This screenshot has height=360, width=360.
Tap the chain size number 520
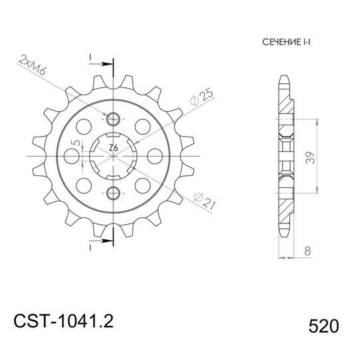(323, 327)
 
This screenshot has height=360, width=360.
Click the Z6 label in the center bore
(113, 148)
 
